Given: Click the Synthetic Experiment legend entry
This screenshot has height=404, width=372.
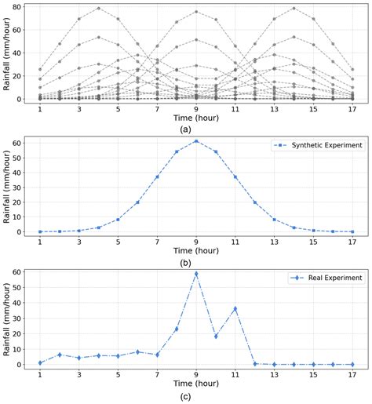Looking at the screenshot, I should pyautogui.click(x=322, y=146).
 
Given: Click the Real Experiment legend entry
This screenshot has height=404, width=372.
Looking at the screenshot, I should pyautogui.click(x=328, y=278).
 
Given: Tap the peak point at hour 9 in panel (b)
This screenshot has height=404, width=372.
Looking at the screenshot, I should pyautogui.click(x=196, y=141).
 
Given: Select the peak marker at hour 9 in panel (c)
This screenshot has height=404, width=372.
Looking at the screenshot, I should pyautogui.click(x=196, y=274).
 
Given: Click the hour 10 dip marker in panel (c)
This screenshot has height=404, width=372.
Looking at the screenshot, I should pyautogui.click(x=216, y=337).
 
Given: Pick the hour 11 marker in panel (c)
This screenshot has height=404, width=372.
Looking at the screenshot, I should pyautogui.click(x=235, y=309).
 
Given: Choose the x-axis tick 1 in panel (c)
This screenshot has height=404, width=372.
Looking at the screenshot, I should pyautogui.click(x=40, y=373).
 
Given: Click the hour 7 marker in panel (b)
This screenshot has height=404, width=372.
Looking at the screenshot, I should pyautogui.click(x=157, y=177).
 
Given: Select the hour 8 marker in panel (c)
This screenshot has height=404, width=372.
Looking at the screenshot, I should pyautogui.click(x=177, y=329).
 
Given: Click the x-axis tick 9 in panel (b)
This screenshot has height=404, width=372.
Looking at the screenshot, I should pyautogui.click(x=196, y=240).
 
